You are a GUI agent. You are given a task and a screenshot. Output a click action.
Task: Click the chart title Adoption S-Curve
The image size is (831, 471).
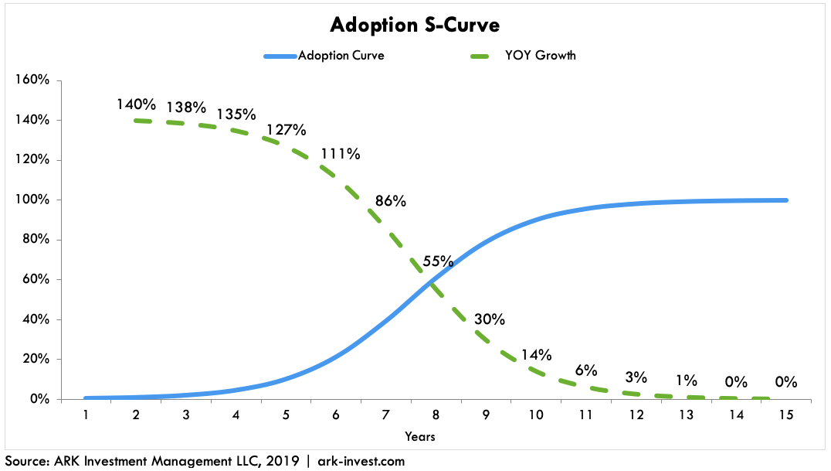415,25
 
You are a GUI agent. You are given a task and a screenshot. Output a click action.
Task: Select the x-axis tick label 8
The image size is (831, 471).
436,415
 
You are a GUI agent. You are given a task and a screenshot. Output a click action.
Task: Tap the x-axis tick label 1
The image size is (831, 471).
85,415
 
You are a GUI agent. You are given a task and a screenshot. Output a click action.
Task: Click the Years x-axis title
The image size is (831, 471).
419,437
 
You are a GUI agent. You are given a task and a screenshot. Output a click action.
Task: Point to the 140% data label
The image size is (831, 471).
137,104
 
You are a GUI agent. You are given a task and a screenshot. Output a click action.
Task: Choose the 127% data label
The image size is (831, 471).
286,129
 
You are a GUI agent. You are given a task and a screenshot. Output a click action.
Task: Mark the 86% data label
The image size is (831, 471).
391,201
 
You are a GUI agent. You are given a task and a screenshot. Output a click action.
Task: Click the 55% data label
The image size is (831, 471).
438,261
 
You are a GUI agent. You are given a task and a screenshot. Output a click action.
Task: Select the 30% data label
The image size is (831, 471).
490,319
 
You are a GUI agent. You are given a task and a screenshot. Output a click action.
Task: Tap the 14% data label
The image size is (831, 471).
536,355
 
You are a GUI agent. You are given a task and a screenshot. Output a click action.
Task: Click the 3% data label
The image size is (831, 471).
636,377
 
